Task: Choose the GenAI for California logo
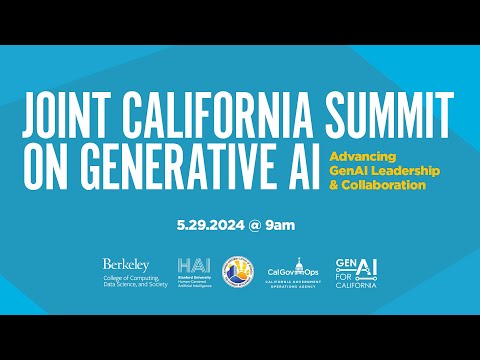coord(357,270)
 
